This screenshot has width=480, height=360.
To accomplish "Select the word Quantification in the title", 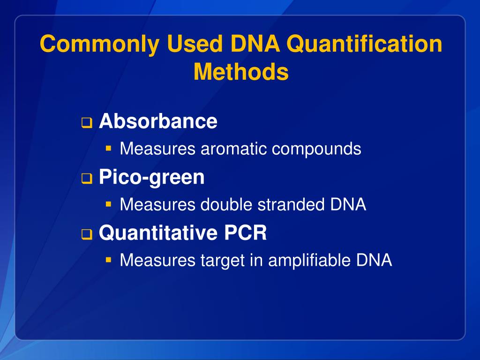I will point(364,45).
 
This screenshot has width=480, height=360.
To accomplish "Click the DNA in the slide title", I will point(255,45).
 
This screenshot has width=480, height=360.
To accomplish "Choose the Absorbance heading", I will point(158,121).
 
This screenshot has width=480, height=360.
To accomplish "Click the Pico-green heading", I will point(152,178).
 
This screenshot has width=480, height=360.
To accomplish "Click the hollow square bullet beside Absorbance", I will point(86,123).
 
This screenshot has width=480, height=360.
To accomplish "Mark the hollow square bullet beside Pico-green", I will point(86,179).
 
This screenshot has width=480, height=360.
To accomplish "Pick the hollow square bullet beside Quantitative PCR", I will point(86,234).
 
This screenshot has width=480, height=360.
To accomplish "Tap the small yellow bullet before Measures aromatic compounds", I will point(108,149).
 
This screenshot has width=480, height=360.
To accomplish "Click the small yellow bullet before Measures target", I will point(108,259).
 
